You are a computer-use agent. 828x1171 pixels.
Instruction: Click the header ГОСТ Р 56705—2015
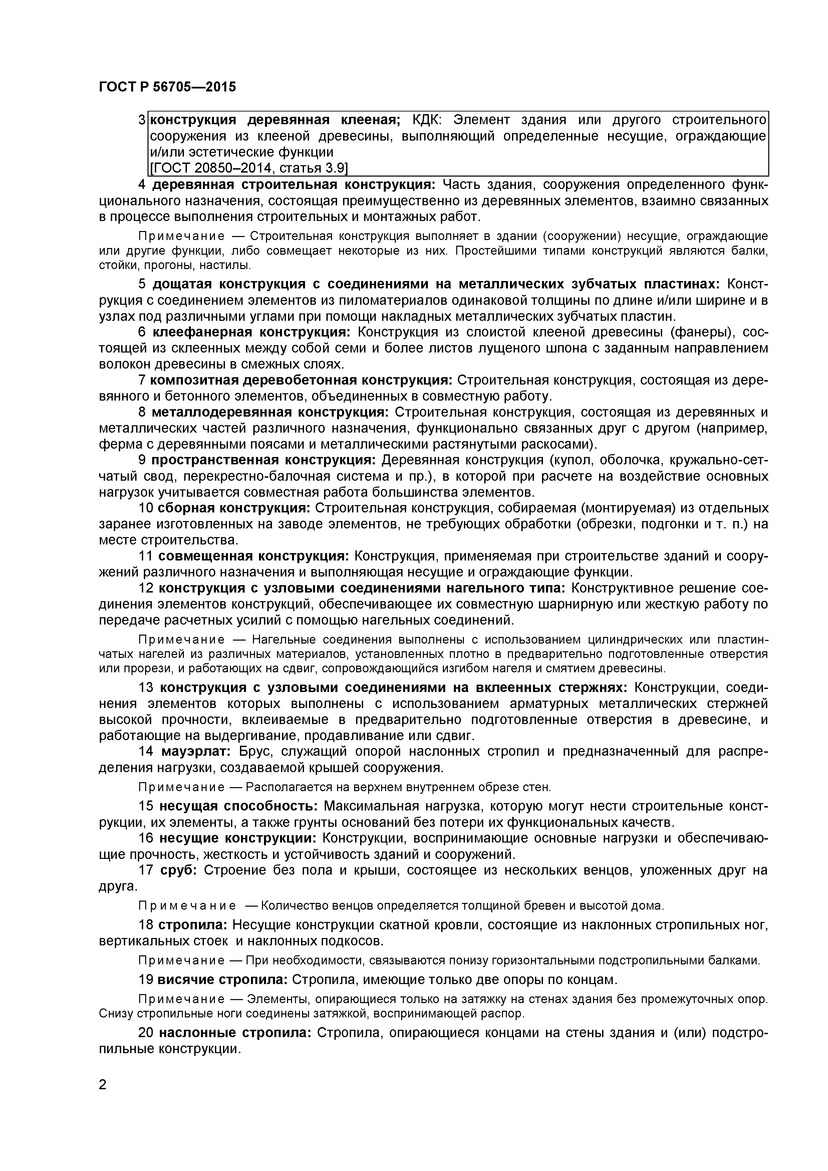167,87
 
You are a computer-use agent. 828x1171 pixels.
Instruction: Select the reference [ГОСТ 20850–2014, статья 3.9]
249,168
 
